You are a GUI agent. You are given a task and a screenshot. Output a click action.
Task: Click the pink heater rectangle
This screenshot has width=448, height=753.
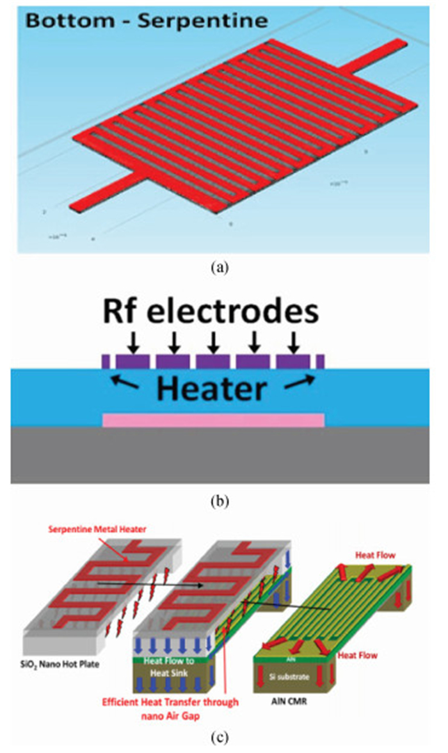pyautogui.click(x=214, y=421)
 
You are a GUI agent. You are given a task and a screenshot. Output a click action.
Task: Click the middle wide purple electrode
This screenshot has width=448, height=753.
pyautogui.click(x=214, y=361)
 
